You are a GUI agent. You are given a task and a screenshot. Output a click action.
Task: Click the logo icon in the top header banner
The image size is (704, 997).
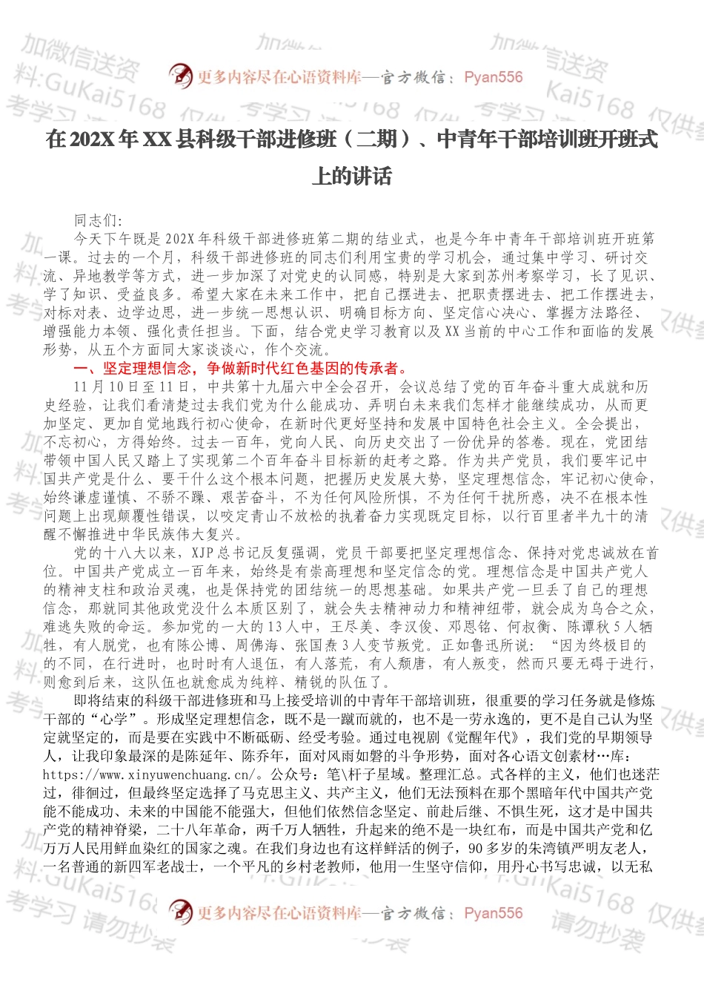point(180,76)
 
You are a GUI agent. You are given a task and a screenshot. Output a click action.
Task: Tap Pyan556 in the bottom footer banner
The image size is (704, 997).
point(493,912)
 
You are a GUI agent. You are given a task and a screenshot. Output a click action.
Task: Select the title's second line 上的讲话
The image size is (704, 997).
point(351,177)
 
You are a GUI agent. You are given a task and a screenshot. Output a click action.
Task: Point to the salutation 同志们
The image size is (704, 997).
point(96,220)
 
